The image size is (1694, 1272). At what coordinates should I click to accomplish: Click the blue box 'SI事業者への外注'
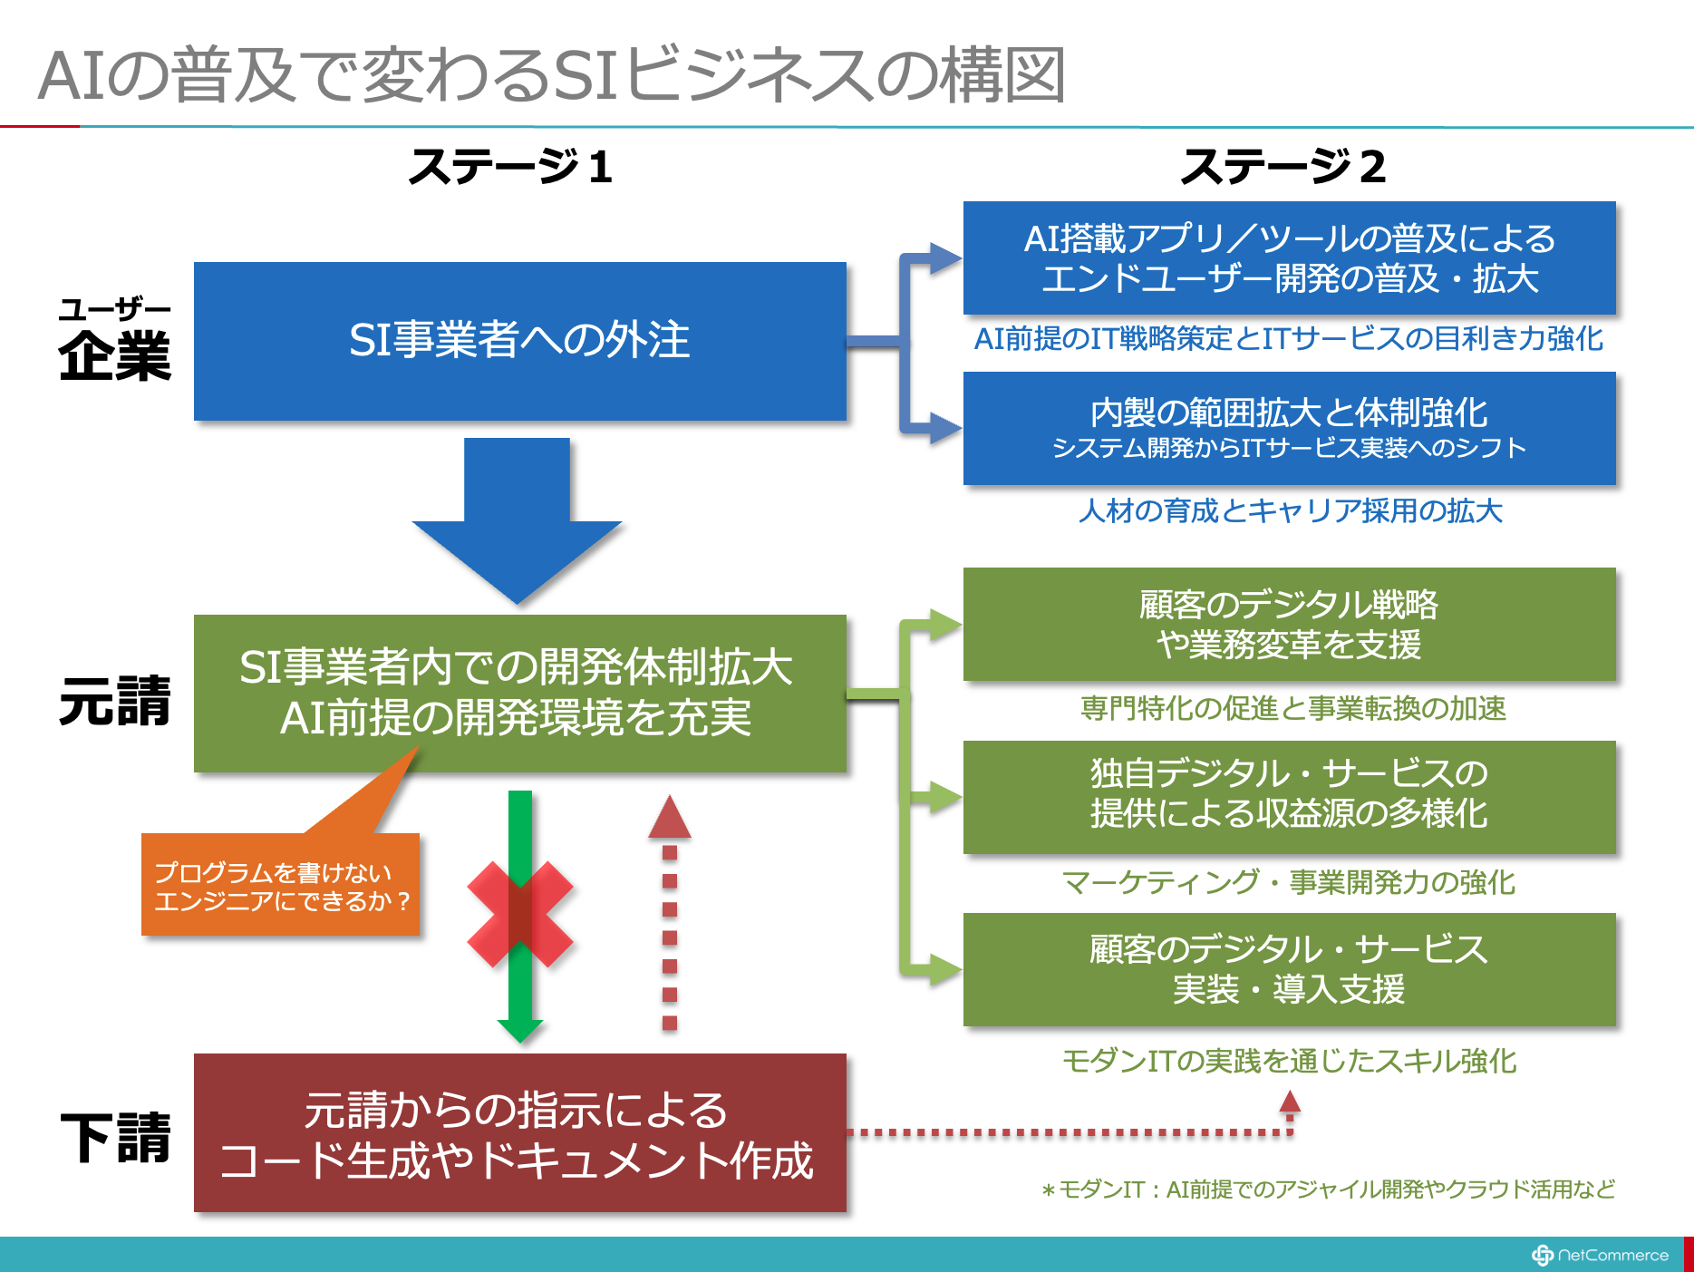click(520, 341)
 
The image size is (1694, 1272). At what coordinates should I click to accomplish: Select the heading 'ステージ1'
click(510, 167)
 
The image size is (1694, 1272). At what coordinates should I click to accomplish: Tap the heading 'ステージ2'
click(1283, 167)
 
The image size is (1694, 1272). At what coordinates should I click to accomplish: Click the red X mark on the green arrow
click(520, 914)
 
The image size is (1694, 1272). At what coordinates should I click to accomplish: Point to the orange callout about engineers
click(281, 884)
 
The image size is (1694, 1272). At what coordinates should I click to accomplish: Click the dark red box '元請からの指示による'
click(520, 1133)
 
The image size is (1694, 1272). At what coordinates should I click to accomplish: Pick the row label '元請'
click(115, 701)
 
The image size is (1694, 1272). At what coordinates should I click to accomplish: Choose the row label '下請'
click(115, 1138)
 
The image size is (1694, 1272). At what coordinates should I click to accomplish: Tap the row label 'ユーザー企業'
click(115, 340)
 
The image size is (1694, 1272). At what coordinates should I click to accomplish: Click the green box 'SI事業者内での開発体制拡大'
click(520, 694)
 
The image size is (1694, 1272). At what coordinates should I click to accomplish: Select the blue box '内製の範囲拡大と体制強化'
click(1290, 428)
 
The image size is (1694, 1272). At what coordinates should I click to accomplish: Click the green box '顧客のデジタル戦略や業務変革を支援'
click(1290, 625)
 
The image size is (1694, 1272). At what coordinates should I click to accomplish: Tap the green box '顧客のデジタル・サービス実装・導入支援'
click(1290, 969)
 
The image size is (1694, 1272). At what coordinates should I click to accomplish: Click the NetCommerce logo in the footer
click(1600, 1255)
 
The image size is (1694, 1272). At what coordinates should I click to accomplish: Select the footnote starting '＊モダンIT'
click(1328, 1189)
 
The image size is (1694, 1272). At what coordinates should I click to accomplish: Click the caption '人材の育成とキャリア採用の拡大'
click(1290, 511)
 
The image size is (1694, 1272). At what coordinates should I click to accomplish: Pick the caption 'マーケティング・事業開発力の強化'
click(1288, 882)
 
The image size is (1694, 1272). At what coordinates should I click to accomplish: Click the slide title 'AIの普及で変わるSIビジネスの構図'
click(551, 75)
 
